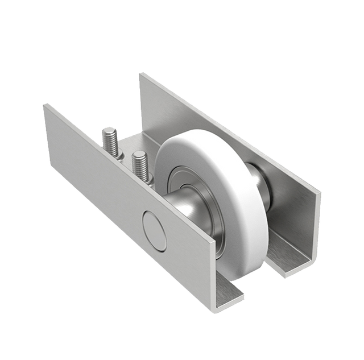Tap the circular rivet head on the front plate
154,231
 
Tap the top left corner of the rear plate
140,73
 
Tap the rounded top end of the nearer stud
138,155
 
